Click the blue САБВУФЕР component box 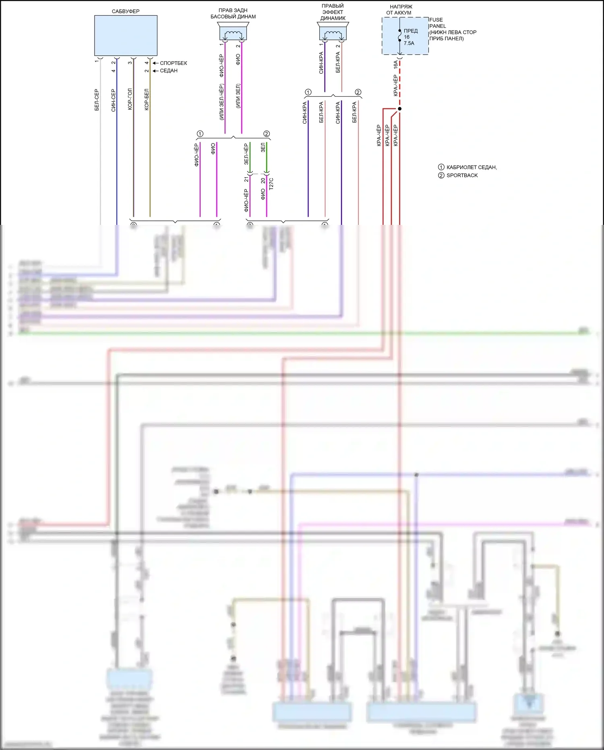coord(126,35)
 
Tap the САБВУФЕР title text coord(126,11)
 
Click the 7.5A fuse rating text coord(409,43)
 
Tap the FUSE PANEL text coord(436,23)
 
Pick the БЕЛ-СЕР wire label coord(97,100)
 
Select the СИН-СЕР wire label coord(114,100)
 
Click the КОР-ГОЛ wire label coord(130,99)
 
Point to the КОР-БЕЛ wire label coord(147,99)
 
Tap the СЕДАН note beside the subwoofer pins coord(169,71)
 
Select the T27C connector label coord(271,184)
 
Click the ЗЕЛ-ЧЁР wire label coord(246,154)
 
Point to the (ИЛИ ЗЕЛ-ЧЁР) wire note coord(221,102)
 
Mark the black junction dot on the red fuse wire coord(399,109)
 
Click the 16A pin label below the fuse coord(395,65)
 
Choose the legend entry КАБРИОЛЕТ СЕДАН coord(471,167)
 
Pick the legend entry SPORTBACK coord(462,175)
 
